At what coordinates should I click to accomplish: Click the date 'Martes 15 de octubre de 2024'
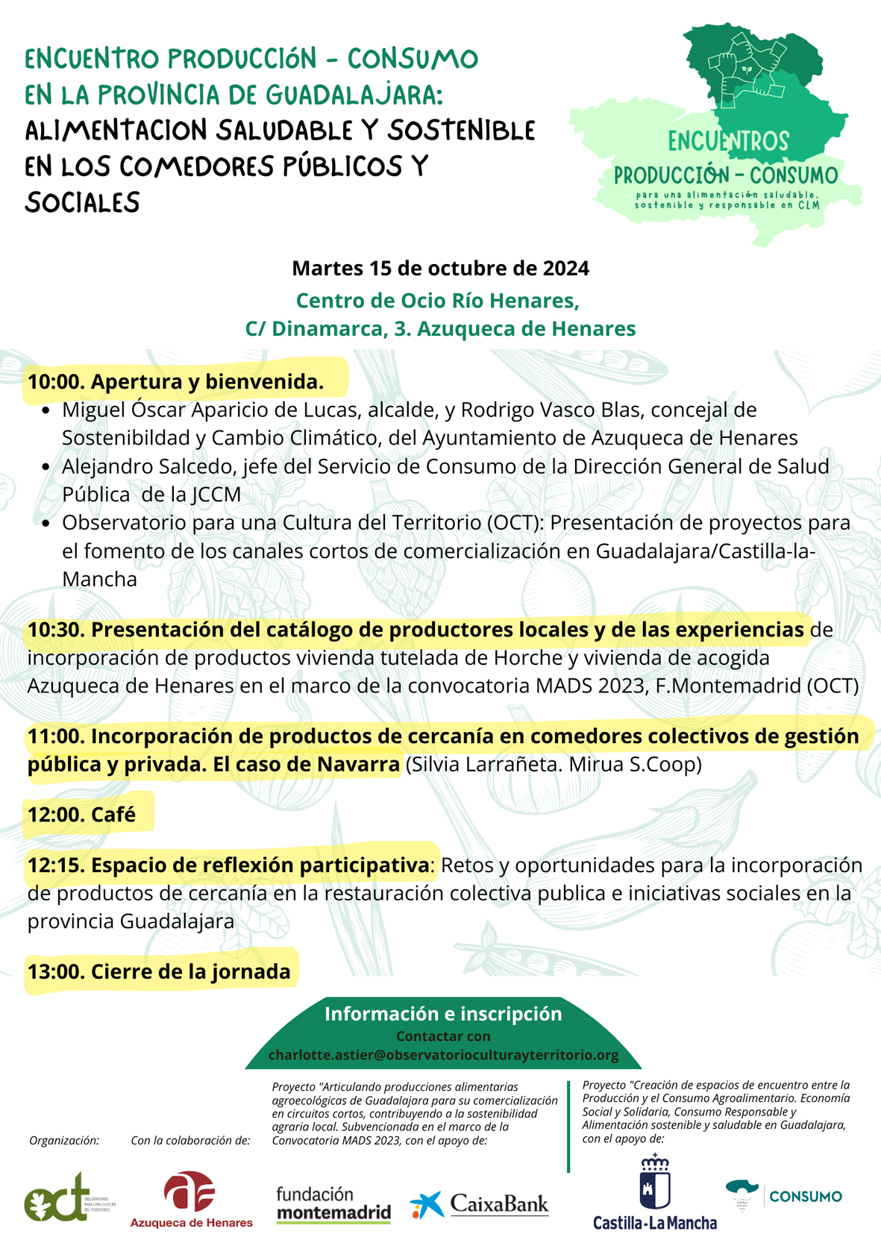[x=440, y=268]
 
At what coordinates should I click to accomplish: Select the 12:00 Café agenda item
[x=82, y=814]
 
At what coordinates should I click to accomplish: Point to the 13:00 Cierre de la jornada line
[x=159, y=971]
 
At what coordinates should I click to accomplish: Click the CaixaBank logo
[x=480, y=1203]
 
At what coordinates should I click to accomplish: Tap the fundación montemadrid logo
[x=333, y=1203]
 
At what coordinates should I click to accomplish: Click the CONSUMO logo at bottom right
[x=783, y=1196]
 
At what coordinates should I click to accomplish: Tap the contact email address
[x=443, y=1055]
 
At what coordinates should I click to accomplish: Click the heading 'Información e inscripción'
[x=443, y=1013]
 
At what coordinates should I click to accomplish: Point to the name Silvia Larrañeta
[x=477, y=765]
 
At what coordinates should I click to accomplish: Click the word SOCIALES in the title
[x=82, y=202]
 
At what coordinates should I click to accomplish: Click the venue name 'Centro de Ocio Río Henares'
[x=437, y=300]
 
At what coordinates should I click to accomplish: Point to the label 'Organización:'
[x=64, y=1140]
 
